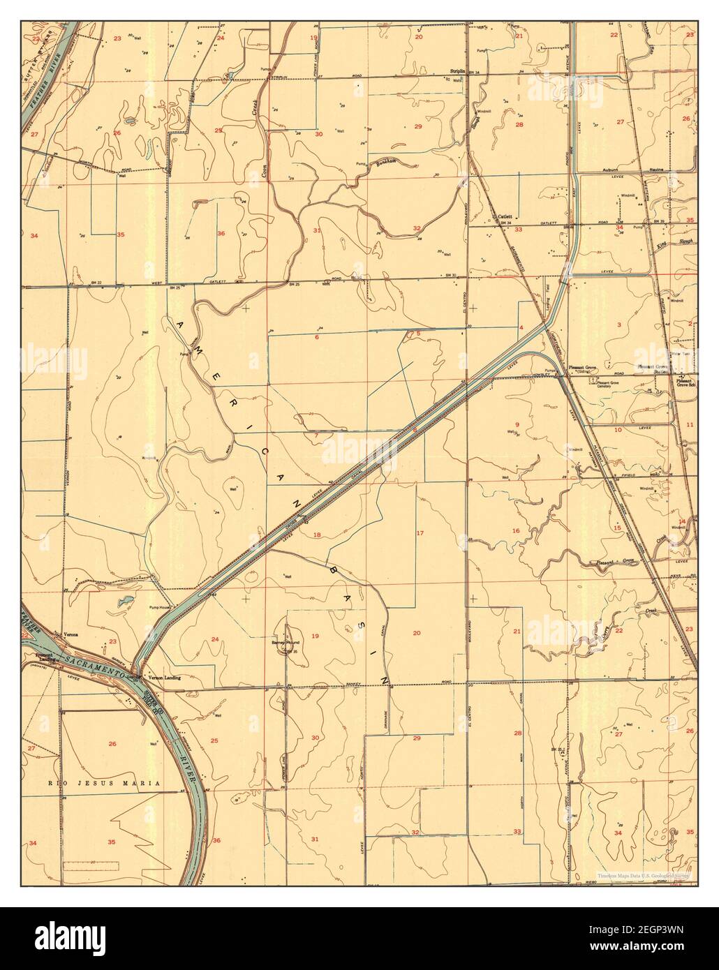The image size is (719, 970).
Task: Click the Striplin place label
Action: (459, 72)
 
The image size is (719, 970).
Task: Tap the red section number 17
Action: (420, 533)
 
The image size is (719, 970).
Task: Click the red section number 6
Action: (316, 337)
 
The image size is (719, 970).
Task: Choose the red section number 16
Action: (516, 531)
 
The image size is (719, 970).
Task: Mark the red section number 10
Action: (617, 430)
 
